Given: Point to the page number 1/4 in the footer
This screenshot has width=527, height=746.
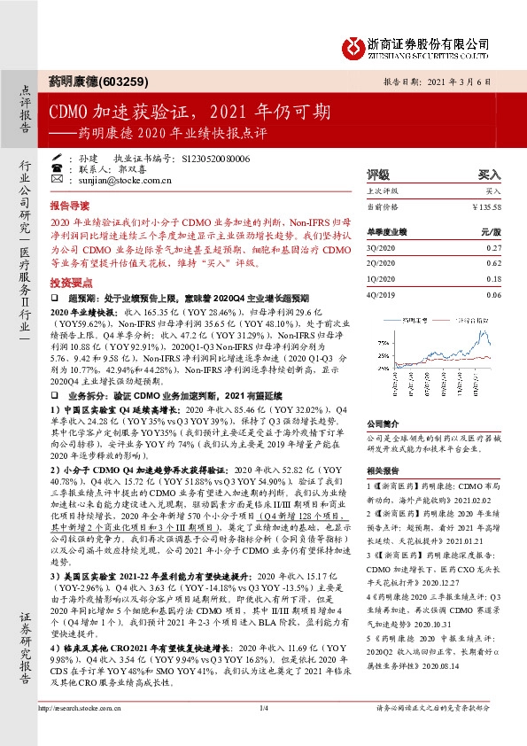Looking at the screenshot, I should [x=263, y=732].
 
